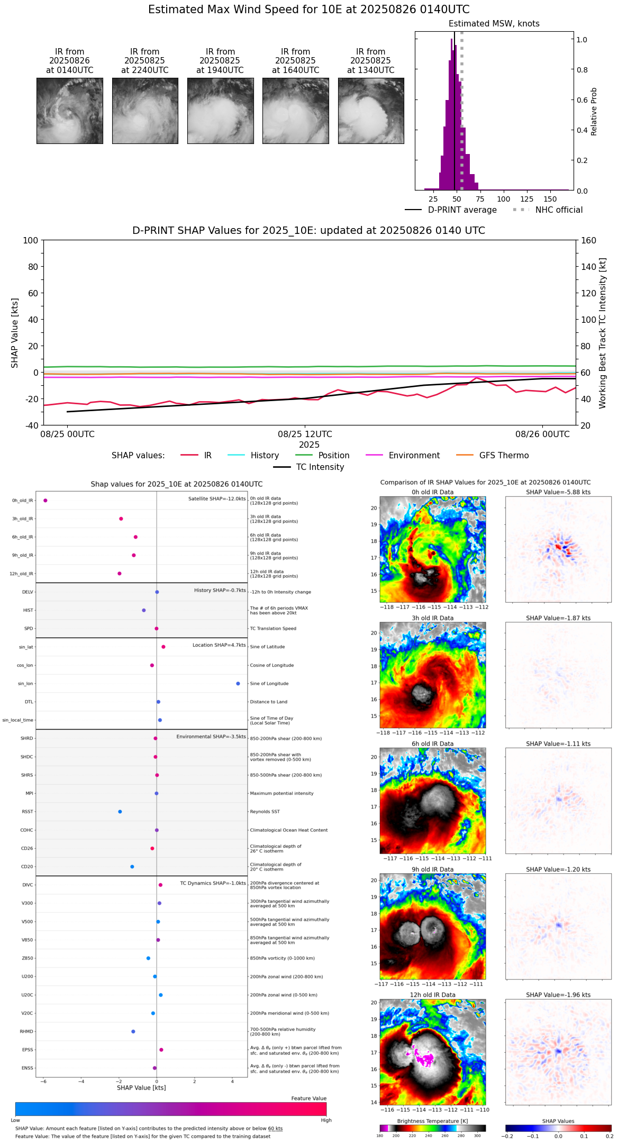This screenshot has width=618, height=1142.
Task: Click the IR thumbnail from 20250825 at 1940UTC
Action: click(220, 111)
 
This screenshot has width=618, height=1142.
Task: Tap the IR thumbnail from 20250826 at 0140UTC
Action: click(70, 111)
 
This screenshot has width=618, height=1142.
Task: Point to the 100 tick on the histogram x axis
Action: click(504, 199)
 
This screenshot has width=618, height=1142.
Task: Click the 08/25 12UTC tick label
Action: click(305, 434)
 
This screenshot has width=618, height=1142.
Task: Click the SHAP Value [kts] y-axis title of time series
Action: click(15, 333)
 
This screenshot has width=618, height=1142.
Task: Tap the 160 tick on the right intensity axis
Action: click(588, 241)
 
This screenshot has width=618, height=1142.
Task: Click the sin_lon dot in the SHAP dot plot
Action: click(238, 684)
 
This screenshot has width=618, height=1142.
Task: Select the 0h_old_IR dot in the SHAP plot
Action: click(46, 501)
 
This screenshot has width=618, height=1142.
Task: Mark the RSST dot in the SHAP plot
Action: click(120, 812)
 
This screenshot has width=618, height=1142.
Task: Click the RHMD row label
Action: click(27, 1031)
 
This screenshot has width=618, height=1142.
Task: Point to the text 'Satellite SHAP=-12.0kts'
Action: click(217, 499)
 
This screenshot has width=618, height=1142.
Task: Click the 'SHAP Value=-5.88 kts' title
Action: click(558, 492)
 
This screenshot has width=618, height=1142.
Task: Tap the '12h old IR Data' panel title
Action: click(432, 995)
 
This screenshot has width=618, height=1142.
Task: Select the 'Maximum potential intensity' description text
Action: click(281, 793)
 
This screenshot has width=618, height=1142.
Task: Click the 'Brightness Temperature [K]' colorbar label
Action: click(432, 1121)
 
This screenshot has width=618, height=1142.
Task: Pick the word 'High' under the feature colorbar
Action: click(326, 1120)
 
